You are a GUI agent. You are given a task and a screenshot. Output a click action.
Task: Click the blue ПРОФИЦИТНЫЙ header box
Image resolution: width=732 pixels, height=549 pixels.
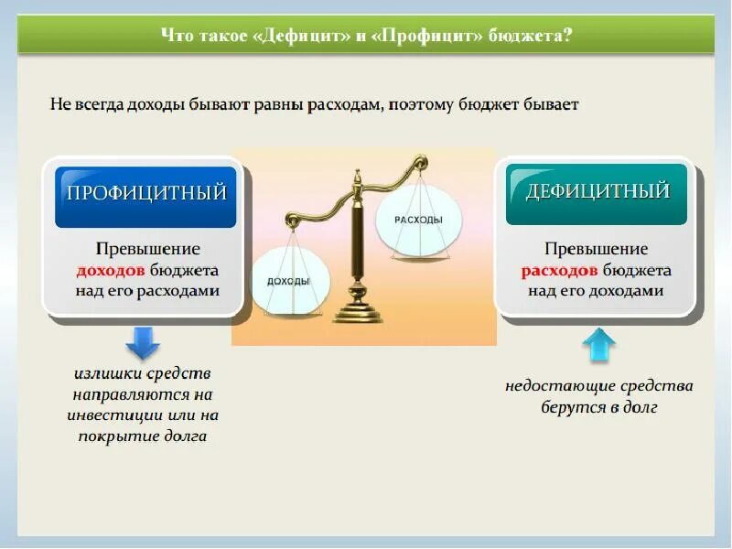coord(145,195)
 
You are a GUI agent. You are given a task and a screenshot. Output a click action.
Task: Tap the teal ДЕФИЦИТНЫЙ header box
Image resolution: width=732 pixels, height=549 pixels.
coord(596,193)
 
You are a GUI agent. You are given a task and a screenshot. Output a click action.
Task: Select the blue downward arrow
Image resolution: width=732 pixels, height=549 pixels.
coord(143,342)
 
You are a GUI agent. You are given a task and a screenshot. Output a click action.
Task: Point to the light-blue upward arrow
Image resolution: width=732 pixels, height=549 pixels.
coord(598,346)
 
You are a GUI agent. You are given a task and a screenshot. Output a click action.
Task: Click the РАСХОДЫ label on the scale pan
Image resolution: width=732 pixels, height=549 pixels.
coord(419,221)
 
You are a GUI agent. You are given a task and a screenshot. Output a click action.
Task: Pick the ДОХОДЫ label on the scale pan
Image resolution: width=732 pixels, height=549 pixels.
coord(288,281)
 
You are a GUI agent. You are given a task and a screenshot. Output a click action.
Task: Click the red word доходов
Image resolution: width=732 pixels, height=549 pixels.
coord(109,271)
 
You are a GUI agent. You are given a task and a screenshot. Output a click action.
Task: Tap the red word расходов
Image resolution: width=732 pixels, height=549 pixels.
coord(560,271)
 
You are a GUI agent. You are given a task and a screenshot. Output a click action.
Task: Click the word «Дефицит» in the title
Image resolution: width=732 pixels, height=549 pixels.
coord(300,36)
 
